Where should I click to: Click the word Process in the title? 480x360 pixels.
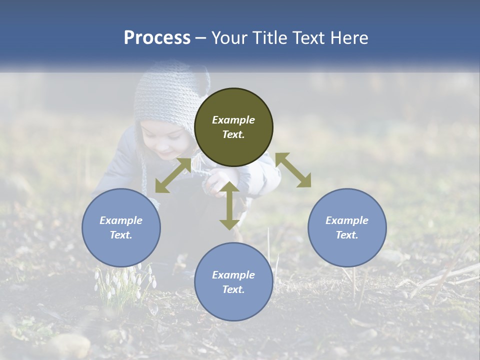pos(157,38)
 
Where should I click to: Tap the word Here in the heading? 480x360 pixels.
pos(348,38)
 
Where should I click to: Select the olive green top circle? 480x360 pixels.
pos(233,127)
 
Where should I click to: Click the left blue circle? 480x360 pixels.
pos(121,227)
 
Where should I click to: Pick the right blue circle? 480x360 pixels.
pos(347,227)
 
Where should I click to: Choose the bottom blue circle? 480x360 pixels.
pos(233,282)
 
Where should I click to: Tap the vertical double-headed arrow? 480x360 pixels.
pos(229,205)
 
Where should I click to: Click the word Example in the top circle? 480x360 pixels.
pos(233,120)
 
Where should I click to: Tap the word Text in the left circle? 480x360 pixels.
pos(121,235)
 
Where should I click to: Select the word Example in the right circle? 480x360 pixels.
pos(347,220)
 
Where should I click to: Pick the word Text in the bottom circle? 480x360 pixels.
pos(233,289)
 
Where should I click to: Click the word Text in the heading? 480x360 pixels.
pos(308,38)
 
